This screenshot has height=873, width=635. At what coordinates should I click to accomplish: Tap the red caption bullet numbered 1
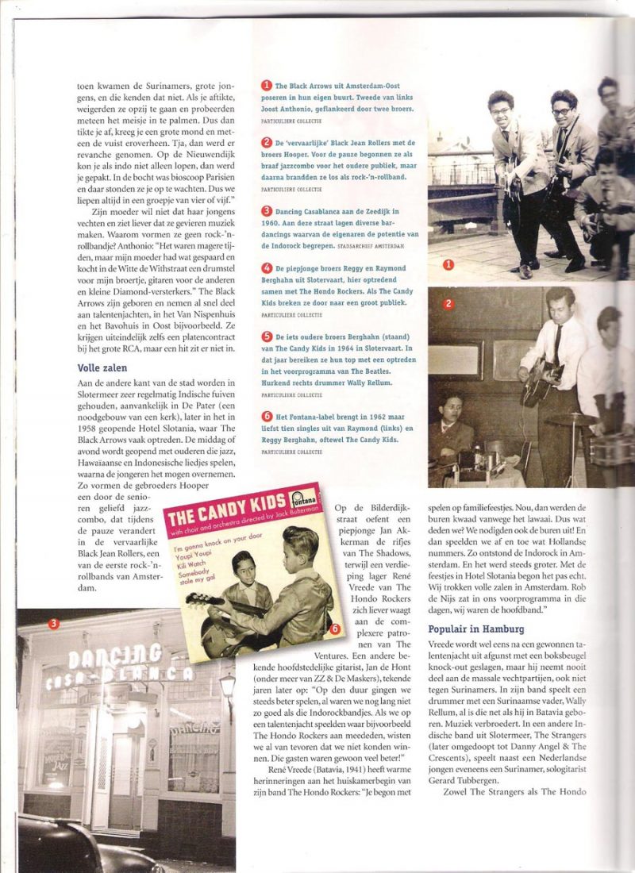(x=267, y=85)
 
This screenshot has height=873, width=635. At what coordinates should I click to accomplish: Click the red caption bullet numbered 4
(x=267, y=268)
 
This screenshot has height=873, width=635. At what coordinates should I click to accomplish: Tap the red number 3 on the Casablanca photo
(x=53, y=624)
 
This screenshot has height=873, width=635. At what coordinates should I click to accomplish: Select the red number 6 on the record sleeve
(x=334, y=629)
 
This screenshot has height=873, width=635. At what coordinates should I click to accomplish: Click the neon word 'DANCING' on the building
(x=114, y=656)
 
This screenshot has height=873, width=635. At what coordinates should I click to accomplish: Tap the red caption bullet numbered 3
(x=267, y=212)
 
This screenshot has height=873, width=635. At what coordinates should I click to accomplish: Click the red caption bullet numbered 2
(x=267, y=143)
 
